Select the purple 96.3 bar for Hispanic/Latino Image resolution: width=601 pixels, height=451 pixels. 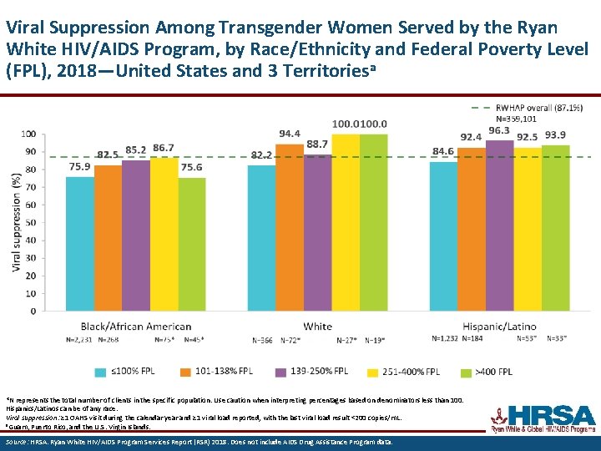tap(499, 225)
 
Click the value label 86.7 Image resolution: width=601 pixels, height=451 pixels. tap(164, 149)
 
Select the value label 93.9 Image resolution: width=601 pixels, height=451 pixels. tap(556, 135)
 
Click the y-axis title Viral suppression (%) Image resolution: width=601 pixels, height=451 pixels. tap(17, 221)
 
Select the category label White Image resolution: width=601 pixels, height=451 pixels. tap(317, 327)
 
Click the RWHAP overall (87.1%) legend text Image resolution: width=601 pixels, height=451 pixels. tap(539, 108)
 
